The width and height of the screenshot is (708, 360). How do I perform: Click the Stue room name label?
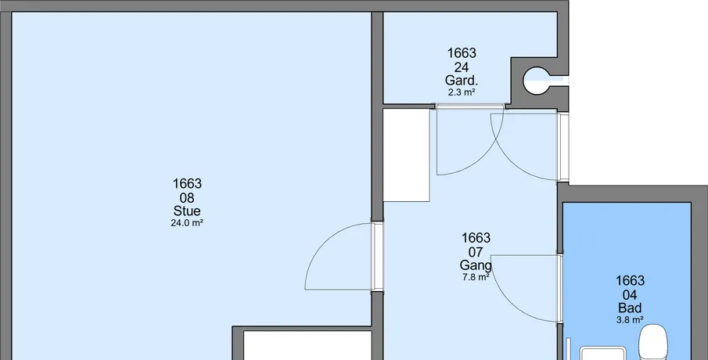(x=187, y=211)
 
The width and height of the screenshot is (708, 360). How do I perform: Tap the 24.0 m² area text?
(x=187, y=223)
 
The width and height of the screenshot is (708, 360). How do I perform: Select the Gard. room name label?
(x=462, y=81)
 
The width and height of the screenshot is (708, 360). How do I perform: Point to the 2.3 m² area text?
(x=462, y=92)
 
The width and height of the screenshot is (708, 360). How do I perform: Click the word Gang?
(x=476, y=265)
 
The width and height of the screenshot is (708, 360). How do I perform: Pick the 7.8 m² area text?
(x=476, y=277)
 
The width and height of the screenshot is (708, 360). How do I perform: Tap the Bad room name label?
(x=630, y=308)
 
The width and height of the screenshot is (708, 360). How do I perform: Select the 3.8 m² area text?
(x=630, y=320)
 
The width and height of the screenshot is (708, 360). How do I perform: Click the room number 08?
(x=187, y=198)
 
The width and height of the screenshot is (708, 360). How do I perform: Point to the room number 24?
(x=462, y=67)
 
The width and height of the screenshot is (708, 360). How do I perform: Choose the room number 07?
(x=476, y=252)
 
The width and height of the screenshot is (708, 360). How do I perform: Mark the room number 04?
(x=630, y=295)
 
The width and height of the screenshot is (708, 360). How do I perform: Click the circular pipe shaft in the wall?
(x=537, y=81)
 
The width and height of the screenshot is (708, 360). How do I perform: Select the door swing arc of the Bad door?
(x=510, y=303)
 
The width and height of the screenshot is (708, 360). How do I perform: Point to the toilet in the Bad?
(x=653, y=344)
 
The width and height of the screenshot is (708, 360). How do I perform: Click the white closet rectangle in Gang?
(x=406, y=155)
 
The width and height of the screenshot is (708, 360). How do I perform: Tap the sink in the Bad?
(x=602, y=353)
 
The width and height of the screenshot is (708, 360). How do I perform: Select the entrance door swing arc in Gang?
(x=510, y=160)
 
